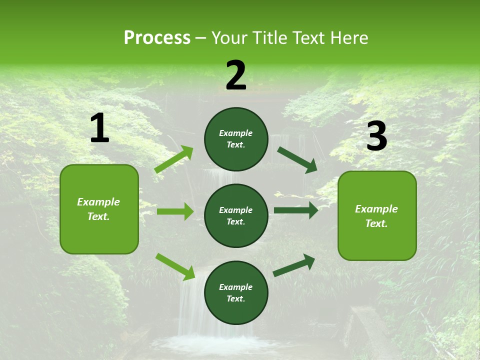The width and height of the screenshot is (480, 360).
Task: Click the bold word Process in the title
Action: click(x=157, y=38)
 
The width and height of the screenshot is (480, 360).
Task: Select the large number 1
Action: click(x=99, y=128)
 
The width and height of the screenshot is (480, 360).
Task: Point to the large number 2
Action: click(x=236, y=75)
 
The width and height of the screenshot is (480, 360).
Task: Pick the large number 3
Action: click(x=376, y=136)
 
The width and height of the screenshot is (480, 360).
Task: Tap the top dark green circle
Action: click(x=236, y=139)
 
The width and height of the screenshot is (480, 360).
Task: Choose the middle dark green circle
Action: click(x=236, y=215)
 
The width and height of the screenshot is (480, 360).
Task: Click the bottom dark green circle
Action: click(x=236, y=292)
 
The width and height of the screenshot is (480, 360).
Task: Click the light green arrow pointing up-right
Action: click(x=174, y=159)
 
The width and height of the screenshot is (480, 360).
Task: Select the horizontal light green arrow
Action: click(x=175, y=211)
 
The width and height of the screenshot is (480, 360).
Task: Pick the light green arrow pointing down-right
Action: click(x=175, y=266)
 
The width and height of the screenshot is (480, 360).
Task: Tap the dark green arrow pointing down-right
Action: click(x=297, y=159)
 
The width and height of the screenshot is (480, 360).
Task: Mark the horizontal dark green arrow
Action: click(x=296, y=210)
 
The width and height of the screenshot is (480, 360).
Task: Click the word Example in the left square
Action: click(x=98, y=202)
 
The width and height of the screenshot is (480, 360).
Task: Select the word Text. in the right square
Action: click(x=376, y=223)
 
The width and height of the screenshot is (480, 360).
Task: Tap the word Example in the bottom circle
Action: click(x=236, y=287)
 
